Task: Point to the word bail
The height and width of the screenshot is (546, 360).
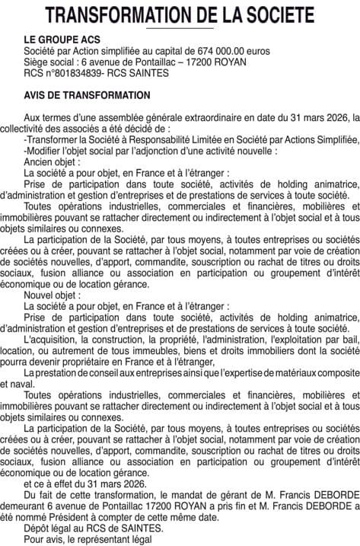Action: point(346,337)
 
